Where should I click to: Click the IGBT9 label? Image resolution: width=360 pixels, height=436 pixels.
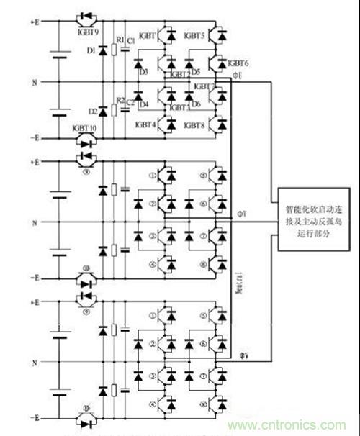coord(86,31)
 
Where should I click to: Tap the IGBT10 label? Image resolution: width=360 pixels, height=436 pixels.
coord(86,127)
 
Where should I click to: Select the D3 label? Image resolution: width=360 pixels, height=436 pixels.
coord(143,72)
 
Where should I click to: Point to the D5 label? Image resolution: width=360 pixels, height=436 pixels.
coord(195,72)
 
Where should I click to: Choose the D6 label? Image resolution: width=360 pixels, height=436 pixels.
coord(195,105)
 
